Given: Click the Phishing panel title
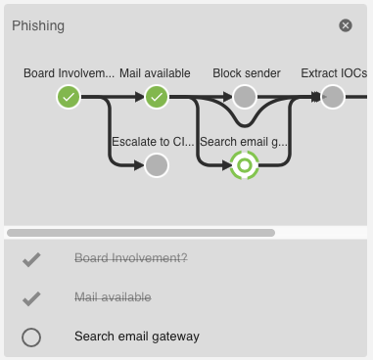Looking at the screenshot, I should point(38,25).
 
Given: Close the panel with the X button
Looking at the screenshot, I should point(346,25).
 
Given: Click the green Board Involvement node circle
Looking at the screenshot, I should point(68,96).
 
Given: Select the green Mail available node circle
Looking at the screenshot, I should point(158,96).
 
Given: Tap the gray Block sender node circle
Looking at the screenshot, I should point(245,96).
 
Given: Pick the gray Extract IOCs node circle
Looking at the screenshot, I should point(333,96).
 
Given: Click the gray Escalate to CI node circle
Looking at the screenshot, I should point(158,165).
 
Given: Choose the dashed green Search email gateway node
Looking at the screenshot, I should point(245,165).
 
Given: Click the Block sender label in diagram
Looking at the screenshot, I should point(247,73).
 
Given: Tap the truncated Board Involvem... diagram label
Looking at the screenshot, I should point(69,73).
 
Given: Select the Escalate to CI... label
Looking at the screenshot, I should point(154,142).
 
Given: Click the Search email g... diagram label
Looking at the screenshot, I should point(245,142).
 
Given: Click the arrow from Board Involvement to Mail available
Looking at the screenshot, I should point(113,96).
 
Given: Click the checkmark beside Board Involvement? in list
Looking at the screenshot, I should point(31,259).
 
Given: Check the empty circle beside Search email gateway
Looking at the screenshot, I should point(31,337).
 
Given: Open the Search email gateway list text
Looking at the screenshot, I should point(137,337).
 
